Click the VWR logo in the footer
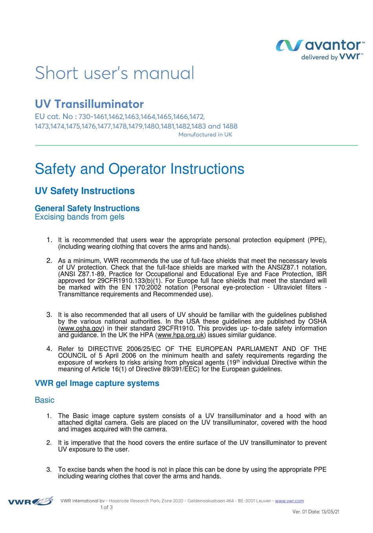[x=31, y=502]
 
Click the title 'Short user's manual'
[x=115, y=73]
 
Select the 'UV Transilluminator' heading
[x=89, y=104]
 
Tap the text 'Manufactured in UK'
[x=205, y=135]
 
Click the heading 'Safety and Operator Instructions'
[x=139, y=169]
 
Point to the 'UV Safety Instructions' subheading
[x=85, y=191]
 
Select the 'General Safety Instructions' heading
[x=87, y=208]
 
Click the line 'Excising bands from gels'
[x=80, y=217]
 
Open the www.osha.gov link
[x=81, y=328]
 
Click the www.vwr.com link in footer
[x=289, y=501]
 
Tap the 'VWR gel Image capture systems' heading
[x=97, y=383]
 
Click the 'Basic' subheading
[x=44, y=400]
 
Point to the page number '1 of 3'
[x=106, y=507]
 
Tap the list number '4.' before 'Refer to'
[x=49, y=349]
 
